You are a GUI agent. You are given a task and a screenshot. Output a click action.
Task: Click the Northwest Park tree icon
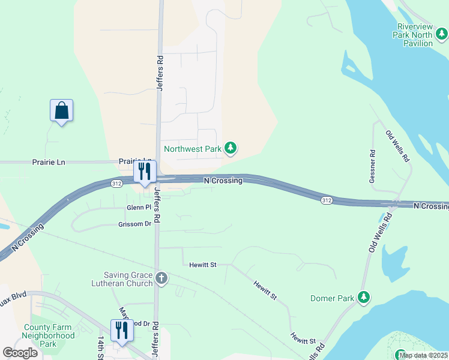tap(231, 148)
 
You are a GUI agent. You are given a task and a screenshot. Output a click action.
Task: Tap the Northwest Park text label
tap(193, 148)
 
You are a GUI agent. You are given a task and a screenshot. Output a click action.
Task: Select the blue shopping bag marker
tap(61, 111)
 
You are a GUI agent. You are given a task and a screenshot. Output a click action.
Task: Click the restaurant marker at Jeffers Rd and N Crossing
tap(144, 172)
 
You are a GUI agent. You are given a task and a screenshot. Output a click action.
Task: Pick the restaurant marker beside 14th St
tap(122, 331)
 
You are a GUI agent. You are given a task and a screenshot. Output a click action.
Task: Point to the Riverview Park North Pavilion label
tap(423, 35)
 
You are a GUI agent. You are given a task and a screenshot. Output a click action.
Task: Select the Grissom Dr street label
tap(135, 224)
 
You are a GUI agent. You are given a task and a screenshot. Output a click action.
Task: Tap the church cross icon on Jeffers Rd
tap(161, 278)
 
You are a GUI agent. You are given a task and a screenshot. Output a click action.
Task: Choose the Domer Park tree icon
tap(363, 297)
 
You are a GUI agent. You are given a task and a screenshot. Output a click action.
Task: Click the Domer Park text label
tap(331, 298)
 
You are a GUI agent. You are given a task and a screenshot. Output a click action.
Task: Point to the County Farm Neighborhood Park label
tap(49, 336)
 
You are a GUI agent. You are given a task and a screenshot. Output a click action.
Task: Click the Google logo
tap(20, 353)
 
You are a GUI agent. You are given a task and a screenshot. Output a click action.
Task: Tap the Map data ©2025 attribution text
tap(423, 355)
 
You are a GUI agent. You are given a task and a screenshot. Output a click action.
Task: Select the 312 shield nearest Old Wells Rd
tap(326, 200)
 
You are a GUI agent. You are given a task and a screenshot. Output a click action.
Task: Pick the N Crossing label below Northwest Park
tap(223, 181)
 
